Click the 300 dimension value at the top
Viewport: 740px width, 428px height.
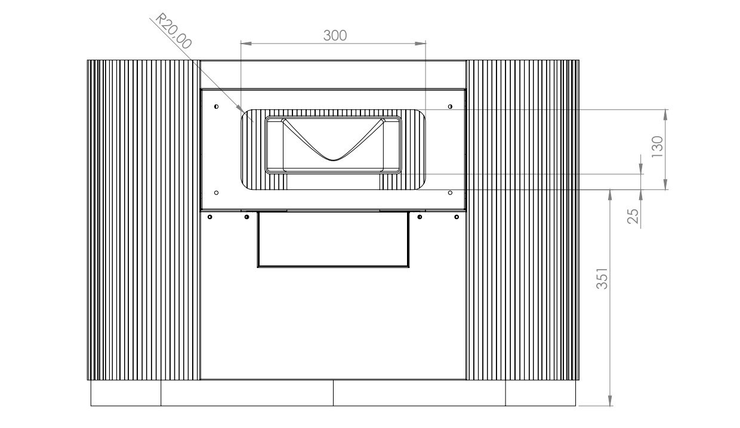click(335, 35)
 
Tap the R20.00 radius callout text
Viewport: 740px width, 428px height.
click(174, 32)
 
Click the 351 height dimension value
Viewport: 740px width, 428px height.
click(603, 279)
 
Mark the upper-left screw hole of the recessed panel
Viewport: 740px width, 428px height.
click(216, 106)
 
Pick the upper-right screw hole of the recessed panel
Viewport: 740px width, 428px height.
click(450, 106)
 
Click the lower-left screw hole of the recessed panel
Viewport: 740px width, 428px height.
click(216, 192)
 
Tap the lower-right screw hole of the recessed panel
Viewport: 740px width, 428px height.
click(450, 192)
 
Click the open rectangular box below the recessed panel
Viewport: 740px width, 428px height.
click(333, 239)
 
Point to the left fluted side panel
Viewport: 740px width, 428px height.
click(143, 220)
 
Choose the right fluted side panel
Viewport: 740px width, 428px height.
click(522, 220)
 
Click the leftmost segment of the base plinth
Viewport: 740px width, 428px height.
click(126, 393)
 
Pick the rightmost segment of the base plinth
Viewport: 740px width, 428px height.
click(540, 393)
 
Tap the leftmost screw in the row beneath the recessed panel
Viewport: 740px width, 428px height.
click(210, 216)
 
